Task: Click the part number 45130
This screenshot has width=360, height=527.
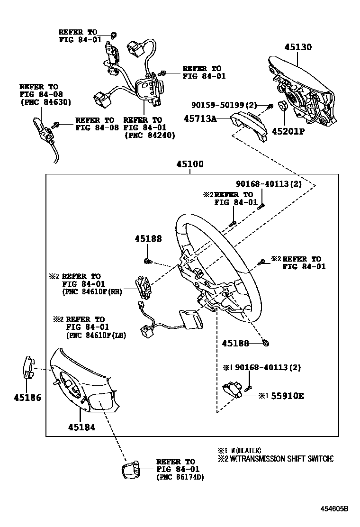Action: (x=298, y=47)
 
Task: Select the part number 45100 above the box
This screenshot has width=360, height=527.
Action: (x=190, y=164)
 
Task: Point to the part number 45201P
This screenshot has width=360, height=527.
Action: (x=288, y=131)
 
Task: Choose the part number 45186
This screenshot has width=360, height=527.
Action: (x=27, y=398)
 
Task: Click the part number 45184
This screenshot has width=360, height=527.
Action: (x=81, y=427)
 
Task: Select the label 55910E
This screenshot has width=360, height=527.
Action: (x=287, y=395)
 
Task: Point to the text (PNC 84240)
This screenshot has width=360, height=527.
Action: (x=149, y=135)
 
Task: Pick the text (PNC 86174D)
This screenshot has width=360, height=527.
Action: (x=180, y=477)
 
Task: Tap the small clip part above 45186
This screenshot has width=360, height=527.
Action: (x=28, y=368)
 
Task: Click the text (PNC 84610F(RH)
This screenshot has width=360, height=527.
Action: (x=92, y=292)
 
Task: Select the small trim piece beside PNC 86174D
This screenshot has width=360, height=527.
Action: (x=131, y=471)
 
